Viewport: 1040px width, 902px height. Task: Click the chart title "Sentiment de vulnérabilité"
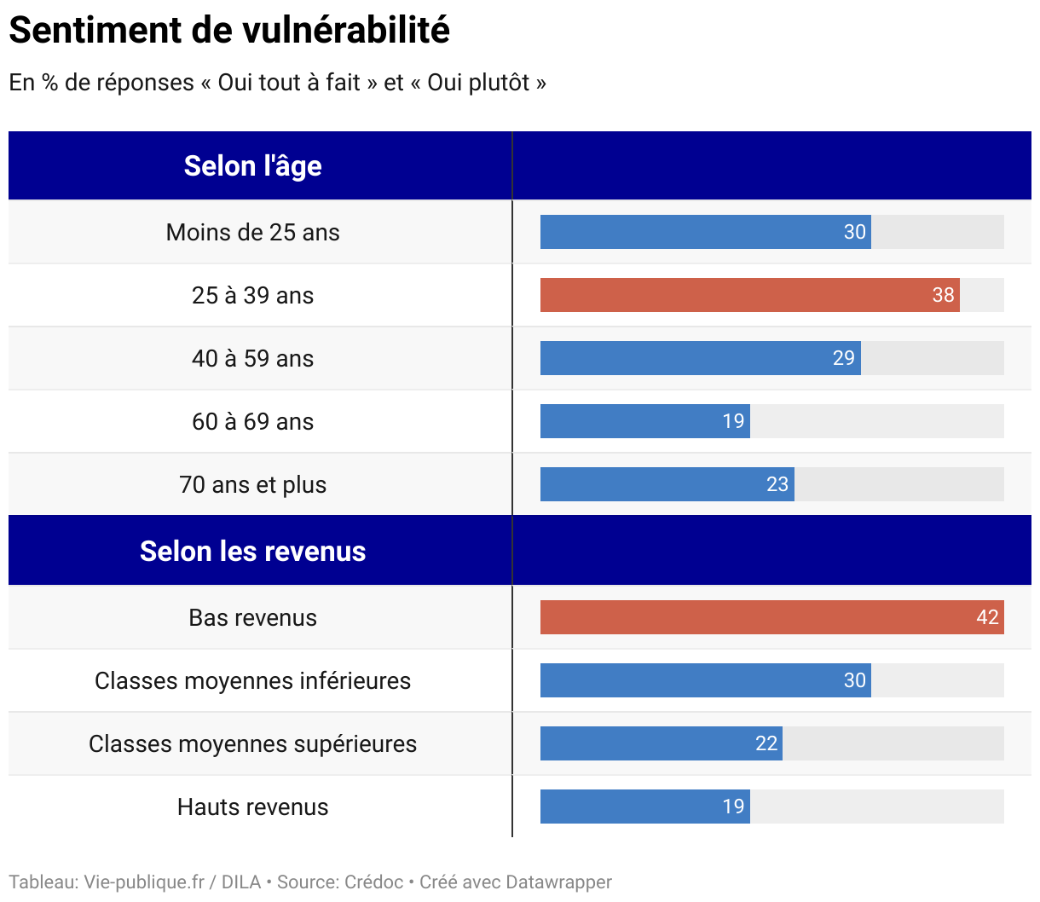pyautogui.click(x=229, y=31)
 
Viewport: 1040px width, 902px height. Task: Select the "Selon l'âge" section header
pyautogui.click(x=252, y=165)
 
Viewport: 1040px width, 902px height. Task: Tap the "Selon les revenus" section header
pyautogui.click(x=252, y=551)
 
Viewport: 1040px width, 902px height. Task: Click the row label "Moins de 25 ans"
pyautogui.click(x=252, y=232)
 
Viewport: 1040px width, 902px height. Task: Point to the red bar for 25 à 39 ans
pyautogui.click(x=733, y=295)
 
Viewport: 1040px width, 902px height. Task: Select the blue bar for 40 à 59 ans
pyautogui.click(x=682, y=358)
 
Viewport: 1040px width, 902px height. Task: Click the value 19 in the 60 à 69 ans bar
pyautogui.click(x=733, y=421)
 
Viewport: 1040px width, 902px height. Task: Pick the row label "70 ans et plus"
pyautogui.click(x=252, y=484)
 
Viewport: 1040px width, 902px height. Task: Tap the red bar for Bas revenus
pyautogui.click(x=750, y=617)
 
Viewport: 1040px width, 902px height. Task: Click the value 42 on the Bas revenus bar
pyautogui.click(x=987, y=617)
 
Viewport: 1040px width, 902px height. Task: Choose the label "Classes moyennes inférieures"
pyautogui.click(x=252, y=680)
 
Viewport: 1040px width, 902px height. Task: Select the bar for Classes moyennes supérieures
pyautogui.click(x=648, y=743)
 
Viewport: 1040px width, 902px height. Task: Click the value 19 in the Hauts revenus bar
pyautogui.click(x=733, y=807)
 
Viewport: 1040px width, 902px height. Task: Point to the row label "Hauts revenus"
pyautogui.click(x=252, y=807)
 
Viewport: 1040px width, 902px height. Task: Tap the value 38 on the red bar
pyautogui.click(x=943, y=295)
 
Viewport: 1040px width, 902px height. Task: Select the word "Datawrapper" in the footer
pyautogui.click(x=558, y=882)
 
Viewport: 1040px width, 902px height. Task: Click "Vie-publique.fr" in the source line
pyautogui.click(x=144, y=882)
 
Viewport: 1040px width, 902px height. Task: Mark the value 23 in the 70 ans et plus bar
pyautogui.click(x=777, y=484)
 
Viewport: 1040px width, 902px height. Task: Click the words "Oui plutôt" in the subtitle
pyautogui.click(x=478, y=83)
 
